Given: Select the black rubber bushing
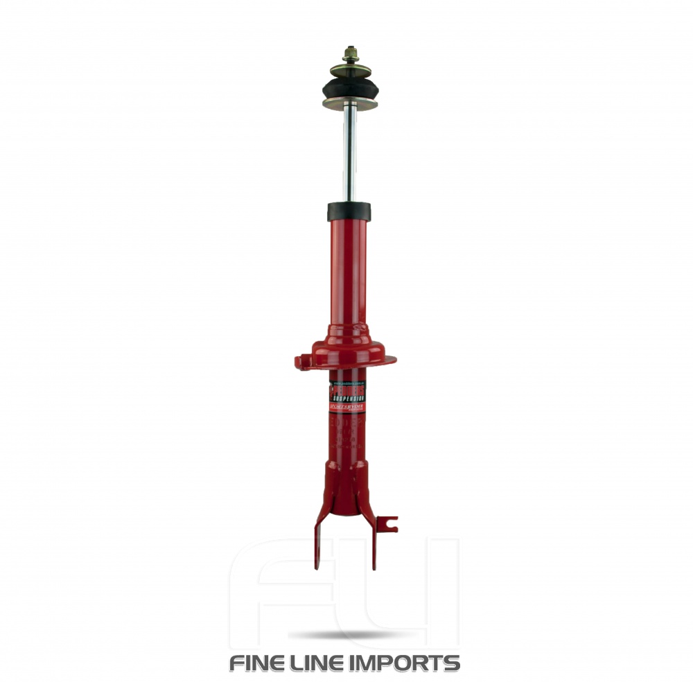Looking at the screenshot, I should pyautogui.click(x=349, y=88).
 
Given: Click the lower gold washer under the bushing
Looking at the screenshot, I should pyautogui.click(x=349, y=105).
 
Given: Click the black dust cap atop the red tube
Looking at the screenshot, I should pyautogui.click(x=349, y=211).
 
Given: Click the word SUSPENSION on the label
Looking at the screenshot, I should pyautogui.click(x=349, y=399).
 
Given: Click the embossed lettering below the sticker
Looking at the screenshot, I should pyautogui.click(x=349, y=433).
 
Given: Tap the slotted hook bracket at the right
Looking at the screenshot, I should pyautogui.click(x=390, y=524).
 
